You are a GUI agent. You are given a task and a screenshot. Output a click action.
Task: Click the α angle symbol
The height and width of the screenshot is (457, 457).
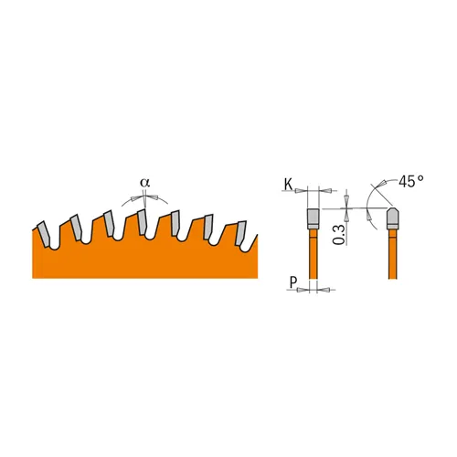tap(144, 182)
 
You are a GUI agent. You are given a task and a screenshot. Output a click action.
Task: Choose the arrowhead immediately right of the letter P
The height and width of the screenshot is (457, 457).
tap(303, 288)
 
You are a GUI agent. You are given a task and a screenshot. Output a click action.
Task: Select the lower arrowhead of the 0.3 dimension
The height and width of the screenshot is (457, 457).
tap(348, 218)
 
